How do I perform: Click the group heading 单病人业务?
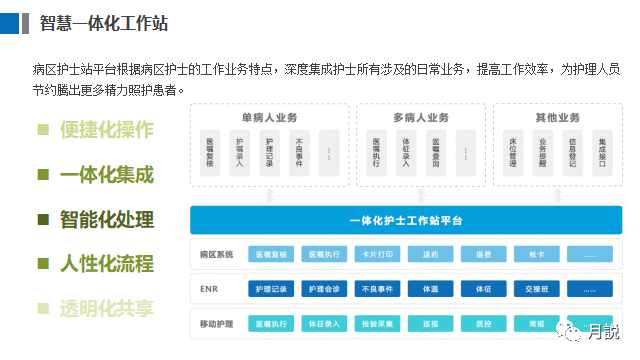[269, 118]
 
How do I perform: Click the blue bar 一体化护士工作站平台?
[405, 220]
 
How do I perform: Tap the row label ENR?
[208, 290]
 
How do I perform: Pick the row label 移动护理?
[216, 325]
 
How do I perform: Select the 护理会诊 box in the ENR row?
[324, 290]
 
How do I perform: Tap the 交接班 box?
[539, 290]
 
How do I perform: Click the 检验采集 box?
[378, 325]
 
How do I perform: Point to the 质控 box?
[485, 325]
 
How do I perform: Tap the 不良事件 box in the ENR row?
[378, 290]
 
